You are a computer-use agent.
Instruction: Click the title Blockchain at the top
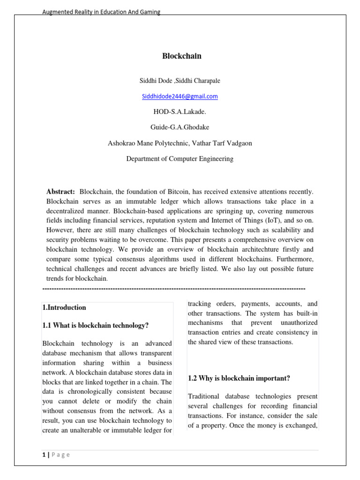tap(181, 56)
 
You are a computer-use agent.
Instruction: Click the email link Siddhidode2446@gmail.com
tap(180, 97)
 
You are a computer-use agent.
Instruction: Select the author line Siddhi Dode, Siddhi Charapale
tap(180, 81)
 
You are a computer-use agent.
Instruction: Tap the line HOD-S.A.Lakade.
tap(180, 112)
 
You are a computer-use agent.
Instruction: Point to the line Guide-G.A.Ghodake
tap(180, 127)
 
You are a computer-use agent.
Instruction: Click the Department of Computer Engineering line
tap(180, 159)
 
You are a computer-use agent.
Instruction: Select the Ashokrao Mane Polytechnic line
tap(180, 143)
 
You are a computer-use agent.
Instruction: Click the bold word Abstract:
tap(60, 192)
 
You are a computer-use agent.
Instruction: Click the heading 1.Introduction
tap(64, 307)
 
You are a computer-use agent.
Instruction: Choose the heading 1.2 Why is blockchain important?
tap(239, 378)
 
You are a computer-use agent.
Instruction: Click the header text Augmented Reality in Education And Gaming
tap(101, 12)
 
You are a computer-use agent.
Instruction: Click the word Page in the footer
tap(61, 455)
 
